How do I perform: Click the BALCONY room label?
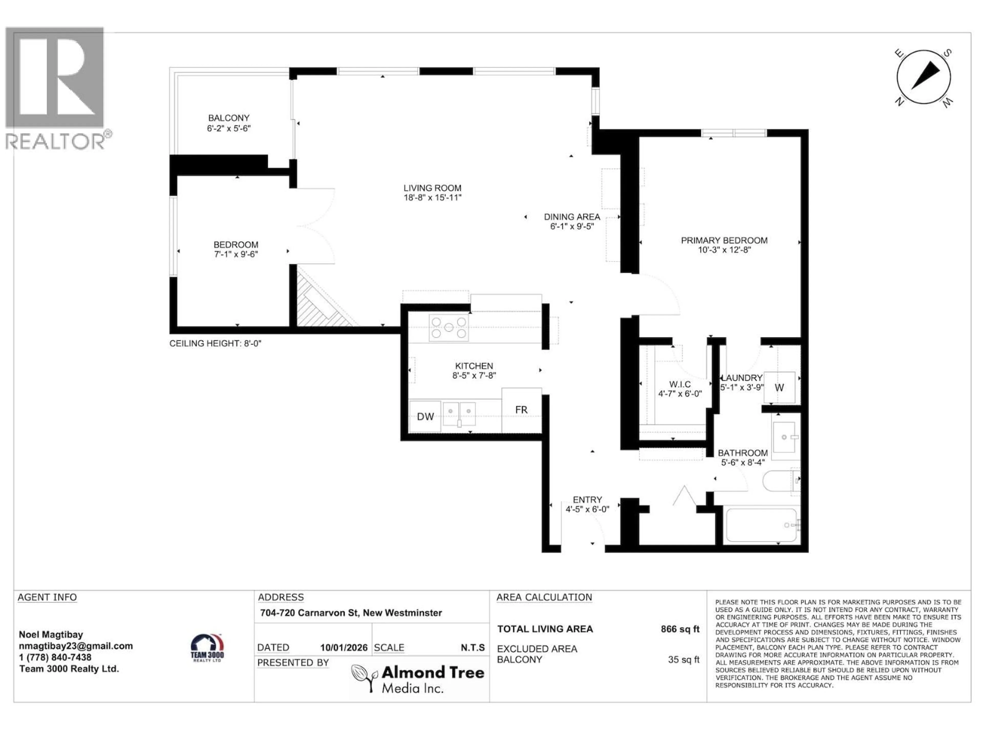pos(229,118)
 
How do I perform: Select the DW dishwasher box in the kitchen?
pos(425,416)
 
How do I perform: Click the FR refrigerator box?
pos(521,410)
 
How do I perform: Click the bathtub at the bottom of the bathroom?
pos(761,525)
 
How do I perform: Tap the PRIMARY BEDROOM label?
pos(724,240)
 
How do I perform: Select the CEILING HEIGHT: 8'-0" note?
pos(215,343)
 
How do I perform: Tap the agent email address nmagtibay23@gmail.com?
pos(76,646)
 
